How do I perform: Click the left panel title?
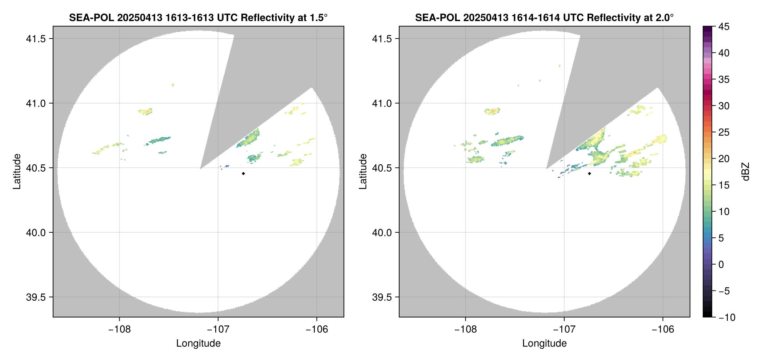(x=198, y=17)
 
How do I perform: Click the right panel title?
(x=544, y=17)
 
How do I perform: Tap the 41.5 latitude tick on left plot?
(x=36, y=39)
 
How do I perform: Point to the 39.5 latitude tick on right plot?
(x=382, y=297)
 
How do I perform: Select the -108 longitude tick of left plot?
(x=119, y=329)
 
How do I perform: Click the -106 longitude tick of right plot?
(x=663, y=329)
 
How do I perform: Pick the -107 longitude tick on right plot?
(x=564, y=329)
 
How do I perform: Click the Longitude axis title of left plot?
(x=198, y=343)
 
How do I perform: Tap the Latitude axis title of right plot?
(x=363, y=171)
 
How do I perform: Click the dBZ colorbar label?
(x=746, y=171)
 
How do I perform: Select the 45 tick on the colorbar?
(x=724, y=27)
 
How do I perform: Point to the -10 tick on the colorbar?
(x=727, y=317)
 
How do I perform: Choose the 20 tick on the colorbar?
(x=724, y=159)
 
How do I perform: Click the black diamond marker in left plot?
(x=243, y=173)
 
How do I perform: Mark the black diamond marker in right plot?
(x=589, y=173)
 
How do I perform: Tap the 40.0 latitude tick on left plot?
(x=36, y=232)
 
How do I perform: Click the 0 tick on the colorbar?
(x=721, y=264)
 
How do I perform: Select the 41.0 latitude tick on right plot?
(x=382, y=103)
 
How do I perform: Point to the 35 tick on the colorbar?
(x=724, y=79)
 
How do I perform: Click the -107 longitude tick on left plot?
(x=218, y=329)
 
